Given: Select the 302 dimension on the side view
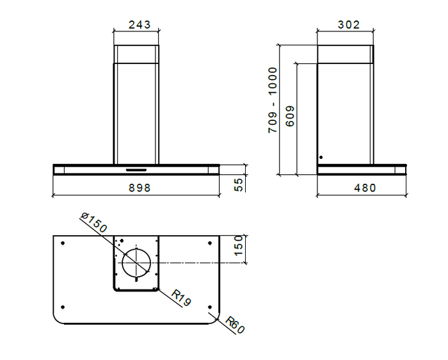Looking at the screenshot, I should (348, 25).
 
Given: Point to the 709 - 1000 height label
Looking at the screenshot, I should (273, 100).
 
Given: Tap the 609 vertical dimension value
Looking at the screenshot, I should (290, 116).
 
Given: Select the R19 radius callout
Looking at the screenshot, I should (181, 298).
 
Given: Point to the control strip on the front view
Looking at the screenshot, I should (136, 170).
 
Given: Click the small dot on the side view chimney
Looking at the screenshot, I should (321, 157).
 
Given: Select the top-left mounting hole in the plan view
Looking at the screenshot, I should (62, 243).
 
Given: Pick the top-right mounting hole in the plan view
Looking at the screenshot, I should (210, 243).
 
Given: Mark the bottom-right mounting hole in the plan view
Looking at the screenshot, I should (210, 306).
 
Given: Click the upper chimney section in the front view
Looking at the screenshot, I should (136, 54).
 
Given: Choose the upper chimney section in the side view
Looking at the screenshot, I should (344, 54).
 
